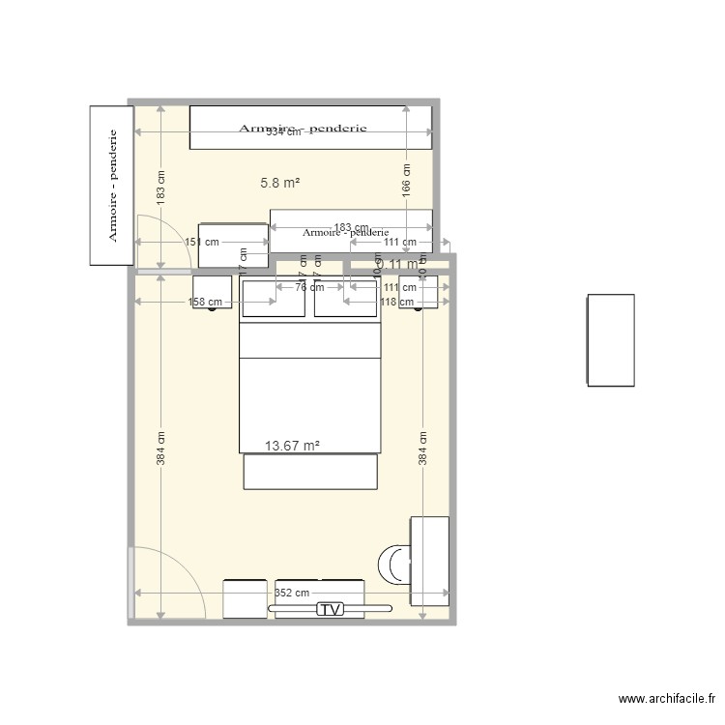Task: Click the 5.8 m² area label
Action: (279, 182)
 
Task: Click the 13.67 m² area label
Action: (292, 446)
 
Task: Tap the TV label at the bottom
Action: (331, 609)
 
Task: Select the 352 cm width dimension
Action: (292, 594)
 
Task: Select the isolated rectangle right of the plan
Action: (611, 340)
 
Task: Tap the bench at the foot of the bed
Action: (310, 472)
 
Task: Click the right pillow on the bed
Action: (346, 298)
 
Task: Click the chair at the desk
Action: (394, 565)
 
